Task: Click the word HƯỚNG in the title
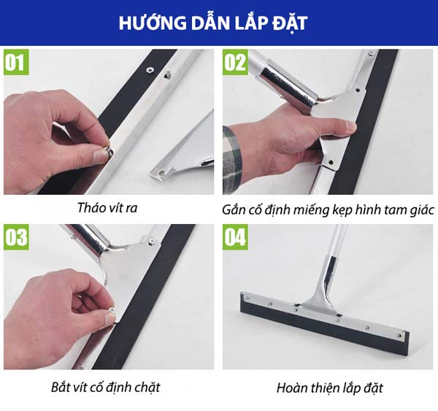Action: [x=153, y=23]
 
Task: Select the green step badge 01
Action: [x=16, y=62]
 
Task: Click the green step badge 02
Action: [x=235, y=62]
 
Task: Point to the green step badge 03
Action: [x=16, y=237]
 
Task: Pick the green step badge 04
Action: [x=235, y=237]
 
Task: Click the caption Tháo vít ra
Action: [x=107, y=208]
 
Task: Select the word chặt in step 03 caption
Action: [x=147, y=388]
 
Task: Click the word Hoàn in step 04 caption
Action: [x=291, y=388]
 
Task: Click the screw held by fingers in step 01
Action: [x=108, y=151]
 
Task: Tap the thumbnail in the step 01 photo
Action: [x=100, y=156]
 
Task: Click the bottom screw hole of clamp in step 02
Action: [x=331, y=162]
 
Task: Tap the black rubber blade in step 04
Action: [x=324, y=328]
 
